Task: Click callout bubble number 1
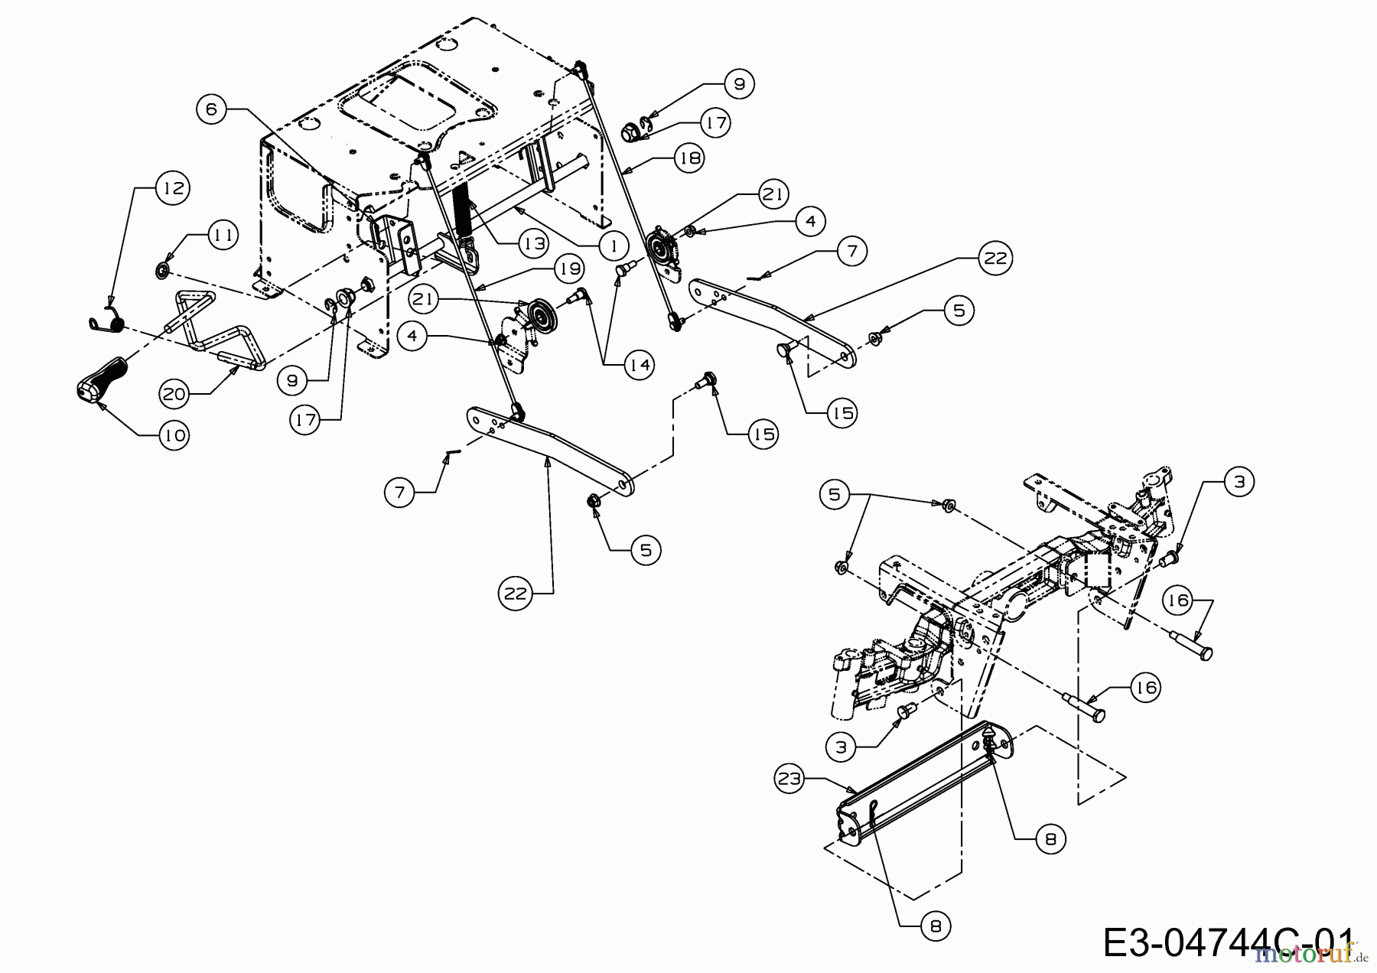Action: [613, 245]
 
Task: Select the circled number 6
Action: [211, 109]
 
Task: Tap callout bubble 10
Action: [174, 434]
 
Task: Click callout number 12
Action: [173, 187]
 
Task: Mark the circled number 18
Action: [689, 158]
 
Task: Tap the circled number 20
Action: [174, 394]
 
